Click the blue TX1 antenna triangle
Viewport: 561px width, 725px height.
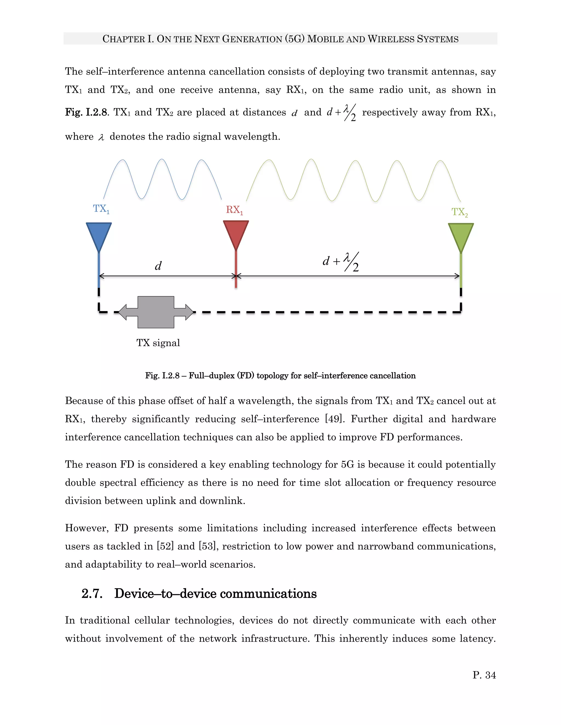tap(99, 235)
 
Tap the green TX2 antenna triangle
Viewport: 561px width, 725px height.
tap(461, 236)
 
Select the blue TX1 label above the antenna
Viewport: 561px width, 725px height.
tap(101, 209)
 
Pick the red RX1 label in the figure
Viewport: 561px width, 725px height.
tap(234, 210)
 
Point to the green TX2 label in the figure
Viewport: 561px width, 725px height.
tap(460, 212)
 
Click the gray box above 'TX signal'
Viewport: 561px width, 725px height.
tap(156, 312)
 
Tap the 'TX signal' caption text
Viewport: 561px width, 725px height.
tap(158, 343)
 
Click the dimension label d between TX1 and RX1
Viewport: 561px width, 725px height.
tap(158, 266)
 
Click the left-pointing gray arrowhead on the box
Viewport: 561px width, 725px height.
tap(123, 312)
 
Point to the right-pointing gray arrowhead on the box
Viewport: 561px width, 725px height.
tap(189, 312)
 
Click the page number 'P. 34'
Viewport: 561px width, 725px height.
tap(484, 675)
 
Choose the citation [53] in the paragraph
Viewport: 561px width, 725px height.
tap(208, 546)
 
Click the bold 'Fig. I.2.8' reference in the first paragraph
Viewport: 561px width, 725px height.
tap(86, 112)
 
